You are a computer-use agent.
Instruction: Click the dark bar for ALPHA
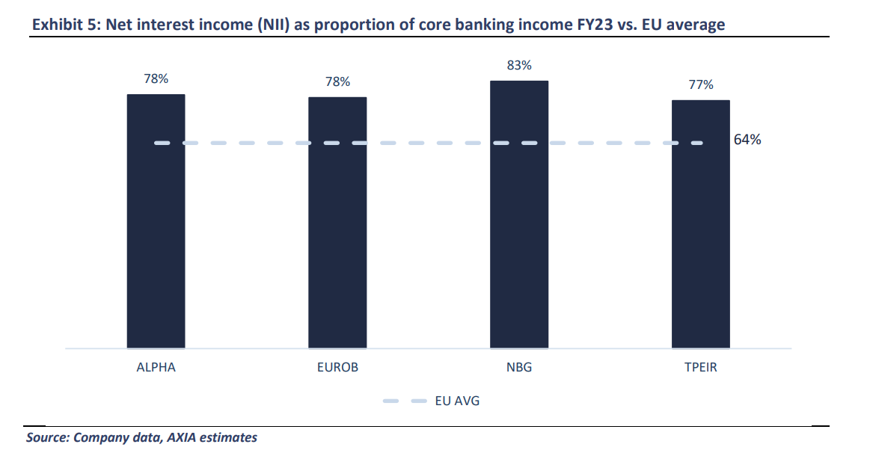tap(156, 221)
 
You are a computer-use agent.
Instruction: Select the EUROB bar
tap(337, 223)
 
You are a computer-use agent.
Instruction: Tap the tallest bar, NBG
tap(519, 215)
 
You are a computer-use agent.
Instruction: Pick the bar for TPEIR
tap(701, 224)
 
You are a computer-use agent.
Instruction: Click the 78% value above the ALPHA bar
tap(156, 78)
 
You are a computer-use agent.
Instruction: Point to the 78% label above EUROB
tap(338, 82)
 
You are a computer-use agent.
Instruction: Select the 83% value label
tap(519, 66)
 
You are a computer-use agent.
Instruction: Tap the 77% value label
tap(701, 84)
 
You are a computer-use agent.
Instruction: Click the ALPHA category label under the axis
tap(156, 368)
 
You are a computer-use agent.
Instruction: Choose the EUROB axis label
tap(338, 368)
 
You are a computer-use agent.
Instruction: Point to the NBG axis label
tap(519, 368)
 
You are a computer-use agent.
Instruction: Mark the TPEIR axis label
tap(701, 368)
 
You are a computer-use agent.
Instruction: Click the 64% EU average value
tap(747, 140)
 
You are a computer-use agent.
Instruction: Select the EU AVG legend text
tap(457, 401)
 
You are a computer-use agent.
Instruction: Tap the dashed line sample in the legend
tap(405, 401)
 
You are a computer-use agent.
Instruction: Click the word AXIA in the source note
tap(181, 437)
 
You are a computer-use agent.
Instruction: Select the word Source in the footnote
tap(46, 437)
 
